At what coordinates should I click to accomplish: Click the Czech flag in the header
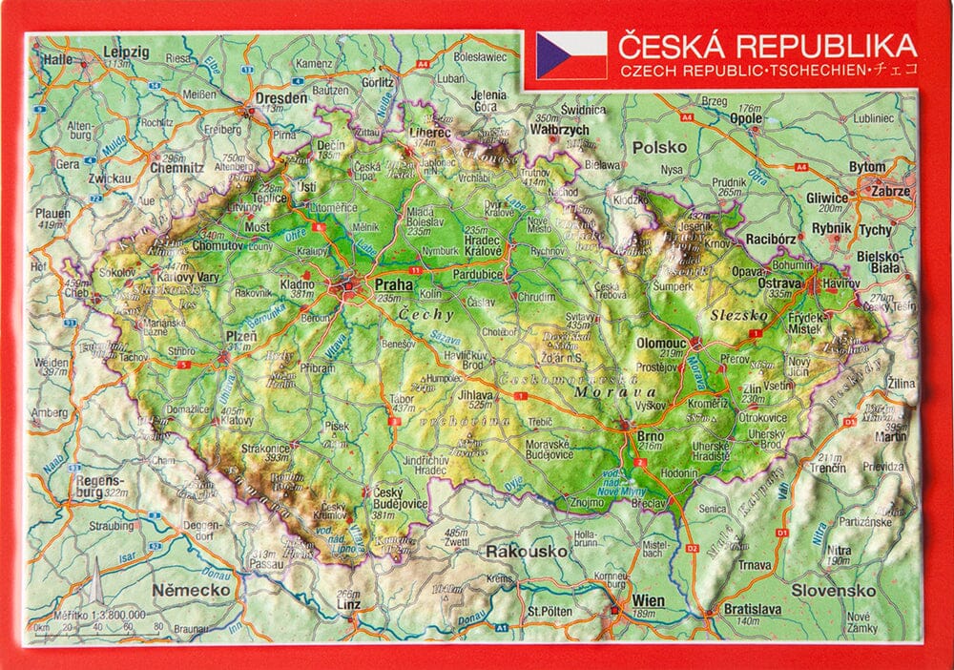571,54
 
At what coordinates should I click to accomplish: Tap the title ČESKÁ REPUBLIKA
767,46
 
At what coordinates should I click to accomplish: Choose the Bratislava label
753,609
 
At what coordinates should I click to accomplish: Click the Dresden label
280,97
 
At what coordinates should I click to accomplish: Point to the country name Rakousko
515,551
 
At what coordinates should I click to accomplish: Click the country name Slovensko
833,590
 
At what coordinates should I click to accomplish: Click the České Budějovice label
394,497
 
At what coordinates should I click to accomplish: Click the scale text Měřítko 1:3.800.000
100,614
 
